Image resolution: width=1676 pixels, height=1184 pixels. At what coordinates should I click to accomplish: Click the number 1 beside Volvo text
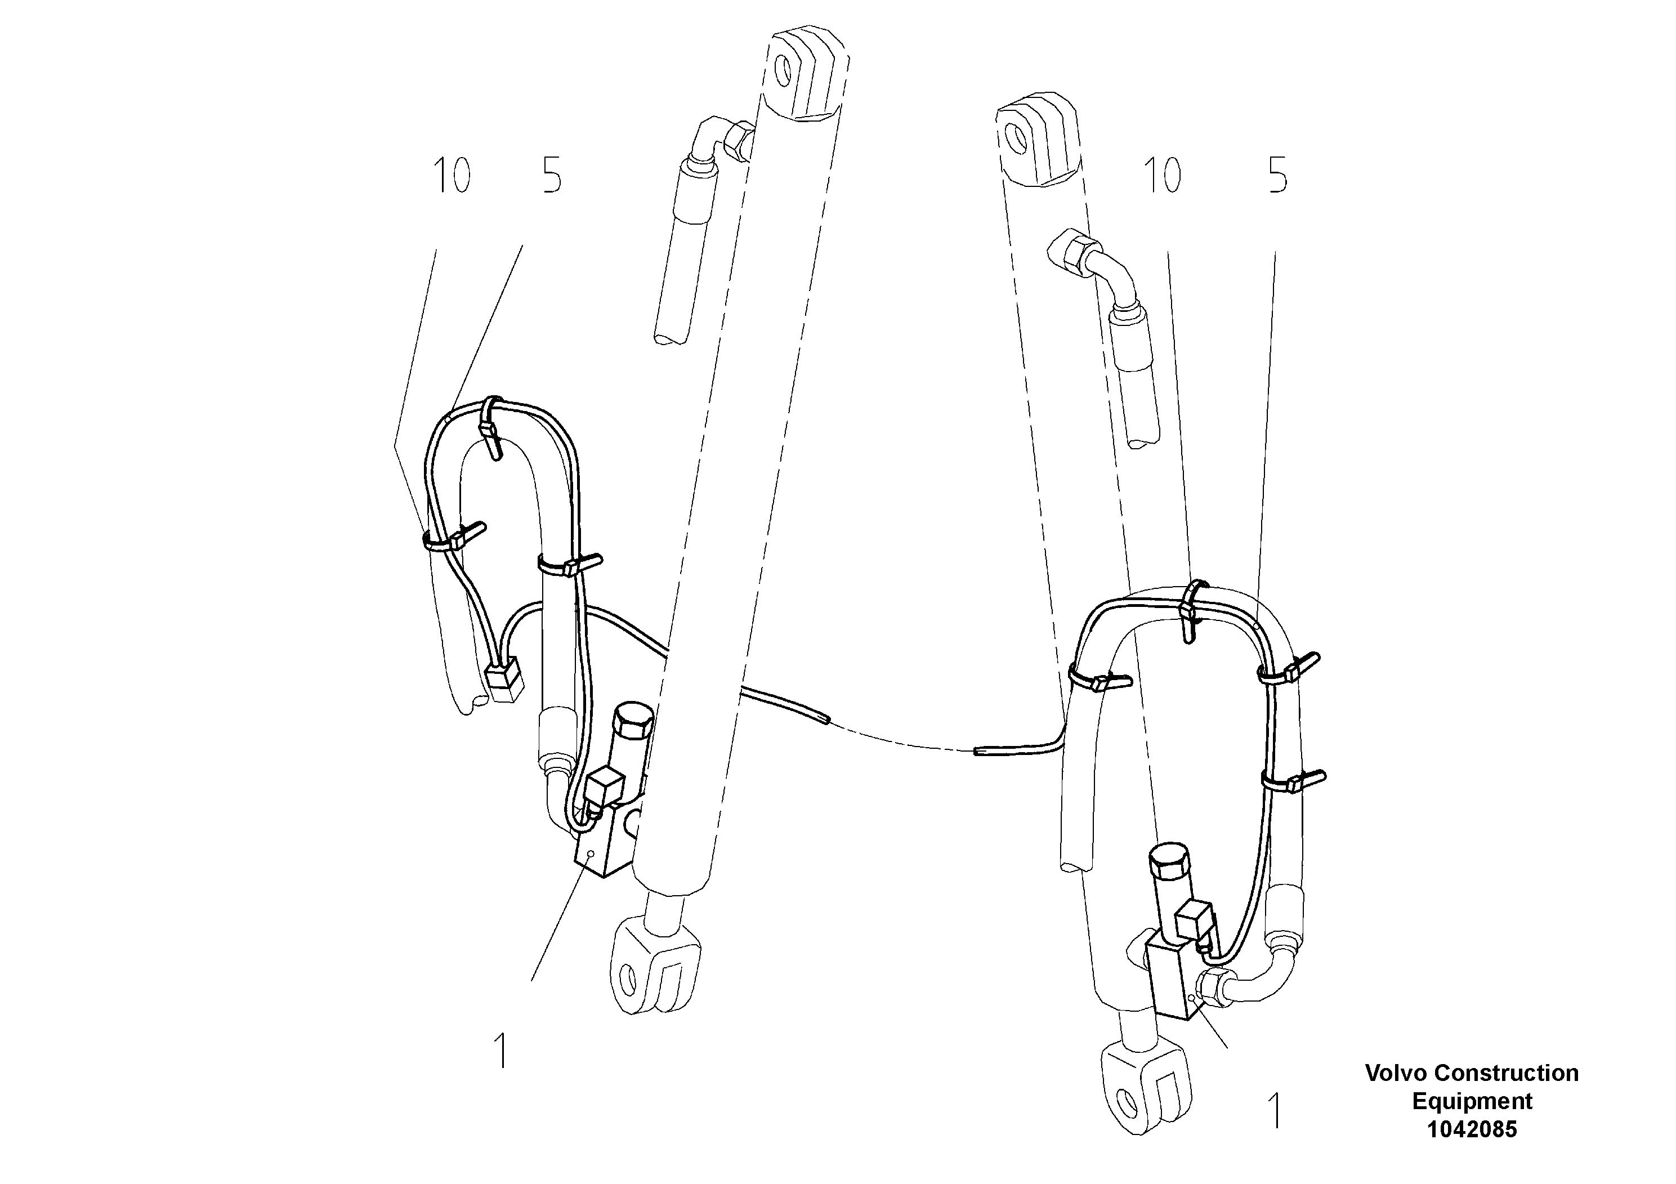pos(1275,1110)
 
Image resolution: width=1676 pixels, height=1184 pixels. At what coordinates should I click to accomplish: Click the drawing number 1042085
pos(1472,1129)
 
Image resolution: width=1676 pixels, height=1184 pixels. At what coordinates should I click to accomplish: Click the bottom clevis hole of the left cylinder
pos(626,977)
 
